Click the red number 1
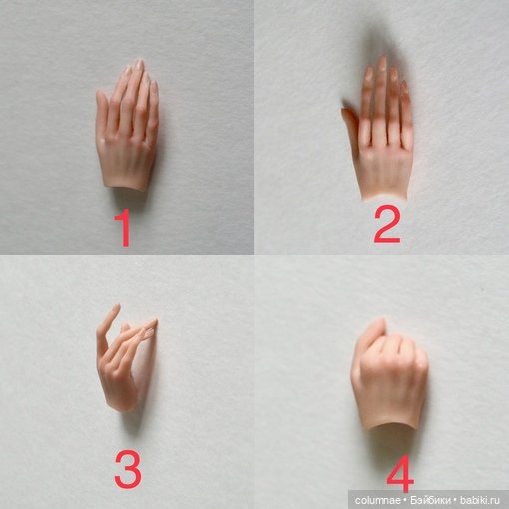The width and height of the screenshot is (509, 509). (124, 228)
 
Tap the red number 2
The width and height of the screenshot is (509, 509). (387, 224)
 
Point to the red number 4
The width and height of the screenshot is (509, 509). (400, 474)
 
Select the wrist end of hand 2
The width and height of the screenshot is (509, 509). (385, 198)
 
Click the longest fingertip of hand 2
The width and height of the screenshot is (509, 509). (382, 59)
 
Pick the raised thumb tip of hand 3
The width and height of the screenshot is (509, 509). (117, 306)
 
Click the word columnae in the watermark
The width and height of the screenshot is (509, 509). (377, 500)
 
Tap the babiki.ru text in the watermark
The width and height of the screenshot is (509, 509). (479, 500)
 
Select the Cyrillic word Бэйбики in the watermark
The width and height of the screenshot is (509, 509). (430, 500)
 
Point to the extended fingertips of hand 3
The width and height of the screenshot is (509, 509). (152, 324)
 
